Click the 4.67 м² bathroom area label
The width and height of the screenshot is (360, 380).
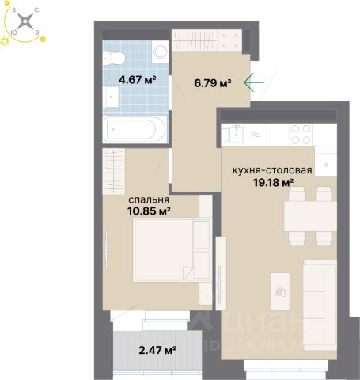coord(138,79)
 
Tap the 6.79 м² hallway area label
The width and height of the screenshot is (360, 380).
coord(213,83)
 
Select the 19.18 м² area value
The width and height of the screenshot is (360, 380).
coord(274,182)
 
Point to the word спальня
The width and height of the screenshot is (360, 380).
coord(149,199)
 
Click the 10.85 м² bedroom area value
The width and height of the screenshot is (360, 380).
coord(149,211)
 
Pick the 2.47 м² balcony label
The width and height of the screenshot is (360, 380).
coord(157,350)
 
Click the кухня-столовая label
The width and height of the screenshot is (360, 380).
coord(272,170)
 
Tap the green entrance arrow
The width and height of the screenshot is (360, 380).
coord(254,82)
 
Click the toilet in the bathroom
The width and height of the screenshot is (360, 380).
coord(114,58)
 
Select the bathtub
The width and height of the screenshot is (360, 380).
coord(135,129)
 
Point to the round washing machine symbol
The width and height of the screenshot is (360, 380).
coord(160,51)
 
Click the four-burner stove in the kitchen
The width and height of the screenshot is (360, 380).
coord(301,134)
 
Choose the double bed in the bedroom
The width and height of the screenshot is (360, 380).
coord(172,249)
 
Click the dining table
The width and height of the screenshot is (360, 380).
coord(310,216)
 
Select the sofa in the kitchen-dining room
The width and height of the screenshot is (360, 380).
coord(320,305)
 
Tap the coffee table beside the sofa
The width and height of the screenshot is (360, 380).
coord(280,291)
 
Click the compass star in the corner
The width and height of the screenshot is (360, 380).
coord(25,21)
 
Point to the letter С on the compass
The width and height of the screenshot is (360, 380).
coord(36,10)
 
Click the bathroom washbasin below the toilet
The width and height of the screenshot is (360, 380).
coord(111,97)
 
